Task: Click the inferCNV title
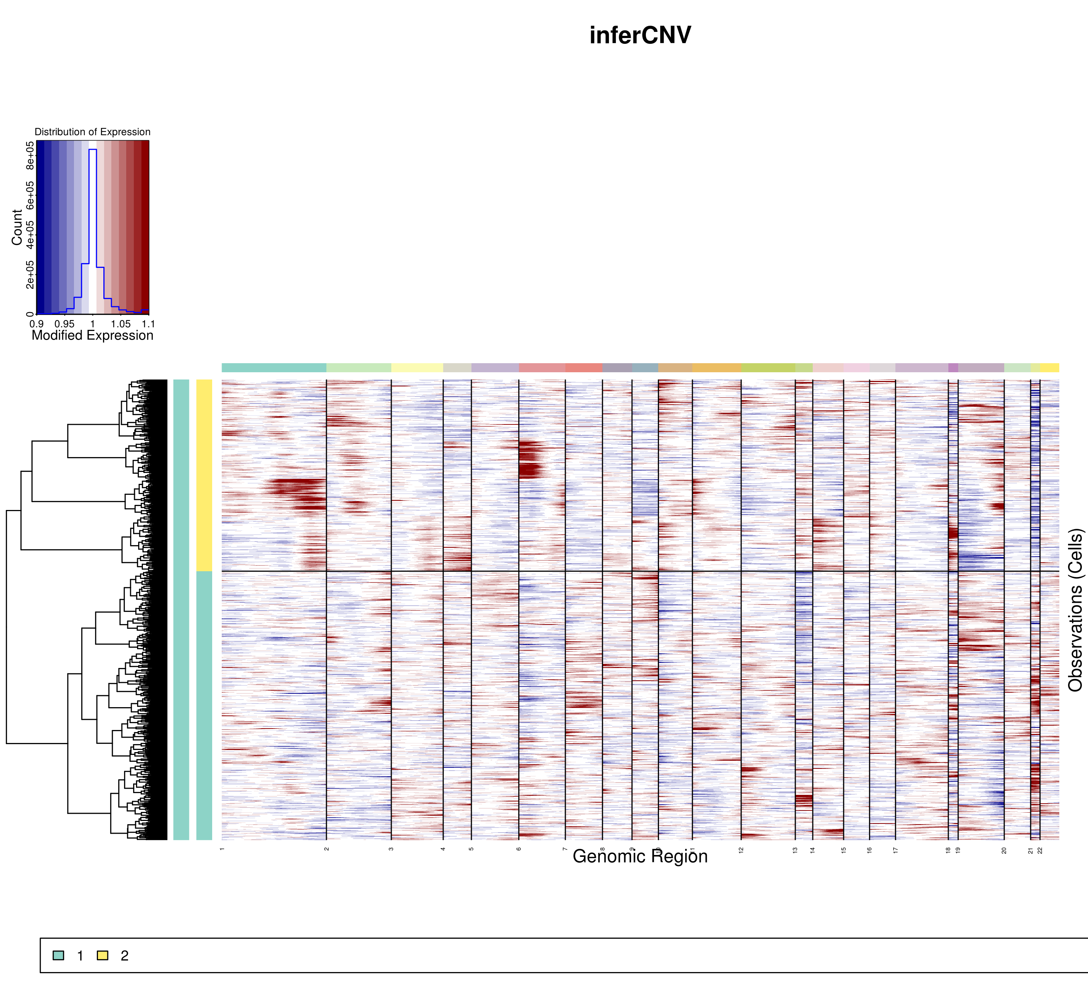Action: [640, 36]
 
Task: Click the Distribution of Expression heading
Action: [92, 132]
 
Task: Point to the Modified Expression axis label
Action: [92, 335]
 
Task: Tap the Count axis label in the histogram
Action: [17, 228]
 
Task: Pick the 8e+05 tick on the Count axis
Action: [30, 154]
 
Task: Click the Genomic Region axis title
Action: [640, 856]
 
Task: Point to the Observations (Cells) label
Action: [1075, 610]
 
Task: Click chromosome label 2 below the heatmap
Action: [327, 849]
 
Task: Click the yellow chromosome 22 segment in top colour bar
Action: [1049, 368]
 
